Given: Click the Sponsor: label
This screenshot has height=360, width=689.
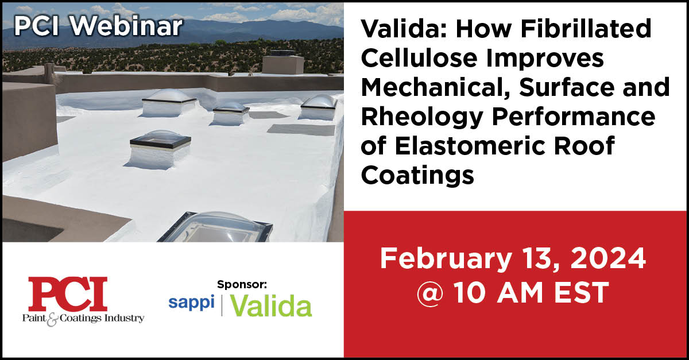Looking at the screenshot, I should pos(242,284).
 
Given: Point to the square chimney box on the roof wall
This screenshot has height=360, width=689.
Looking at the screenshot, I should pos(282,64).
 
